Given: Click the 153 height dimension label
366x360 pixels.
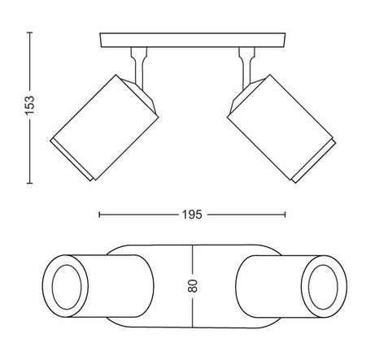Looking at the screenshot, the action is coord(30,105).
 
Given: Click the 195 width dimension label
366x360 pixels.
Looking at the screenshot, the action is coord(192,215).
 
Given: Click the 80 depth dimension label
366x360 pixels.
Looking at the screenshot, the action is coord(193,286).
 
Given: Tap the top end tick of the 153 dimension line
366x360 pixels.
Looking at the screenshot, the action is coord(30,33).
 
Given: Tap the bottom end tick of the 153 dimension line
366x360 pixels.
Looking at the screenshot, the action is coord(30,183).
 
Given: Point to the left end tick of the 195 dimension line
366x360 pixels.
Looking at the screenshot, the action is coord(99,215).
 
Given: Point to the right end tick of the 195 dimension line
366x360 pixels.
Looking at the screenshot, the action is coord(285,215).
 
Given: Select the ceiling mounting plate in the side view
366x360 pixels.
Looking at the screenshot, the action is coord(193,40).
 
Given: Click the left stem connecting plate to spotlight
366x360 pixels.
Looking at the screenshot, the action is coord(139,67).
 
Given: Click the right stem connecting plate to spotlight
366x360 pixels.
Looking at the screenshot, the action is coord(246,67).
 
